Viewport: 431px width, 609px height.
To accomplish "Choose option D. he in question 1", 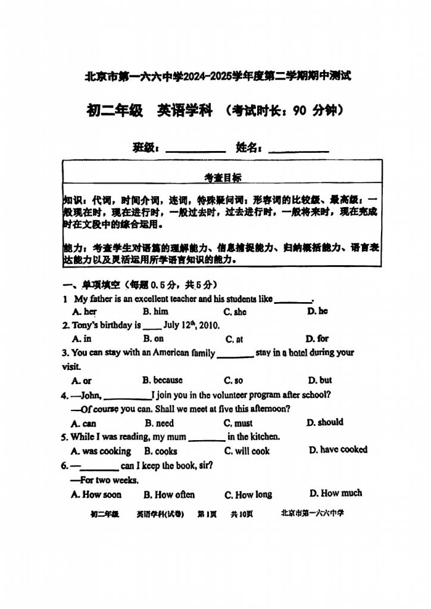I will [x=317, y=311].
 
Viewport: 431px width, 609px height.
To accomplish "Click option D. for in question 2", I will [x=317, y=338].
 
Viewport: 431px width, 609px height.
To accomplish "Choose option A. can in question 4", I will [x=83, y=423].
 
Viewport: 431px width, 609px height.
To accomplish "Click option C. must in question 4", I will [x=238, y=423].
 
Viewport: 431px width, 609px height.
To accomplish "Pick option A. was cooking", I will [x=101, y=451].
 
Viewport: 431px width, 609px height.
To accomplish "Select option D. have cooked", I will [x=338, y=450].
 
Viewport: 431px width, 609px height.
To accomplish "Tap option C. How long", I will [x=248, y=494].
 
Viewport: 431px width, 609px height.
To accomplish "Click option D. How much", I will [x=336, y=493].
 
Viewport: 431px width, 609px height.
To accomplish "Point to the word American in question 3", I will [x=173, y=353].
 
